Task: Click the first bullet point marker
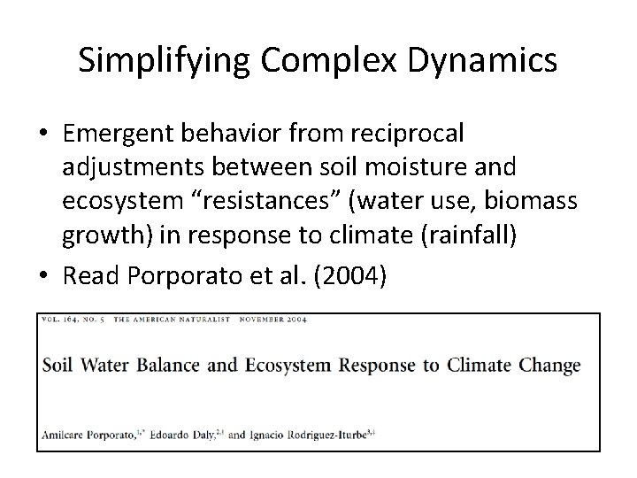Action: [43, 134]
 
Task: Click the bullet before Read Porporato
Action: [43, 274]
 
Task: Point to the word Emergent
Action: [120, 134]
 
